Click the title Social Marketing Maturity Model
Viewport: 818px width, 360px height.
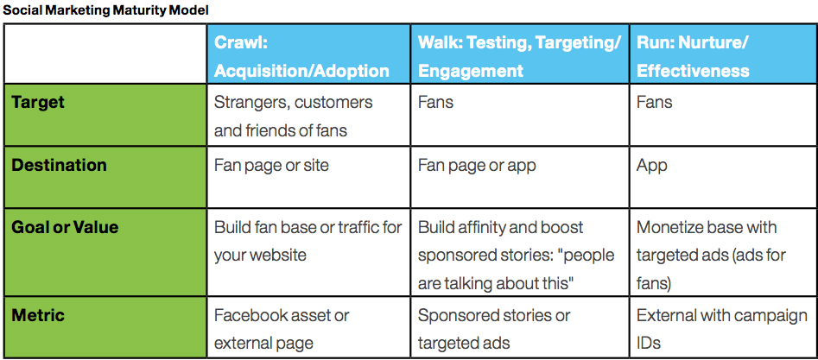105,10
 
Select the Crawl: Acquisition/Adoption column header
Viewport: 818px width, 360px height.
301,55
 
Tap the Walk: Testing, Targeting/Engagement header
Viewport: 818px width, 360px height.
518,55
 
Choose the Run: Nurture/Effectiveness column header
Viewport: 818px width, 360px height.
693,55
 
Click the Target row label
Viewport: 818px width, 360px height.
38,102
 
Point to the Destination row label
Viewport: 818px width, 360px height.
59,165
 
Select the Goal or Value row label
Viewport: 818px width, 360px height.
65,228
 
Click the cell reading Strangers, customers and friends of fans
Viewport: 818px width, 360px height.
294,116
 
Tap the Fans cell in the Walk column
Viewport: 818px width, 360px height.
435,102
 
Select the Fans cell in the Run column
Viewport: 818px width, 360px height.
654,102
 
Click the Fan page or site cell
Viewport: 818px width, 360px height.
271,165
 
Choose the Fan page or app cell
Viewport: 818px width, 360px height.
477,165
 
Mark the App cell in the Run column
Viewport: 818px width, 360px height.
652,165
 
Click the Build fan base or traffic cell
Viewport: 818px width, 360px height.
308,241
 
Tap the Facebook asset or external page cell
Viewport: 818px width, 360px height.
282,329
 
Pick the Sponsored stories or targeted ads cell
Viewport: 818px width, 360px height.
494,329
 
